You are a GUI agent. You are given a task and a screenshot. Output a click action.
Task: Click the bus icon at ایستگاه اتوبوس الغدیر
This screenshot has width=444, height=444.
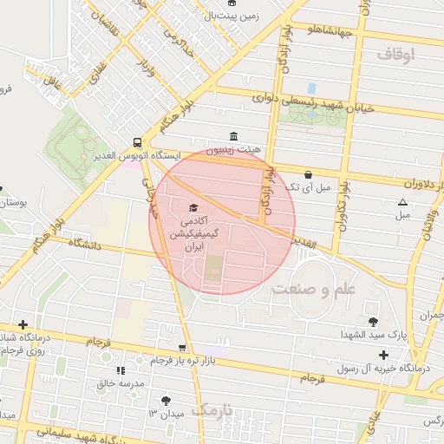138,142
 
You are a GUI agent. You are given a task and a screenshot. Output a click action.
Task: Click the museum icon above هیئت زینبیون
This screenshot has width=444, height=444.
232,136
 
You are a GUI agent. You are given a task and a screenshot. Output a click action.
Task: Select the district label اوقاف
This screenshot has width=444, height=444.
396,55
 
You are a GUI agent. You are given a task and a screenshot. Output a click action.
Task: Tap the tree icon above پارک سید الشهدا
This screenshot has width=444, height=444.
374,322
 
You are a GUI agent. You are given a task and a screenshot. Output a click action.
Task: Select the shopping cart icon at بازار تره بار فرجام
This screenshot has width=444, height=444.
182,347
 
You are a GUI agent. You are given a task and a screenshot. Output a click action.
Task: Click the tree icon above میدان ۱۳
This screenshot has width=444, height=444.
166,401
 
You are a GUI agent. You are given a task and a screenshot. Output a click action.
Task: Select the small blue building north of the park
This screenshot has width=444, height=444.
311,88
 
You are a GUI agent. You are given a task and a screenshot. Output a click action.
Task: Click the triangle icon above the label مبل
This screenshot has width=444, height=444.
402,202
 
